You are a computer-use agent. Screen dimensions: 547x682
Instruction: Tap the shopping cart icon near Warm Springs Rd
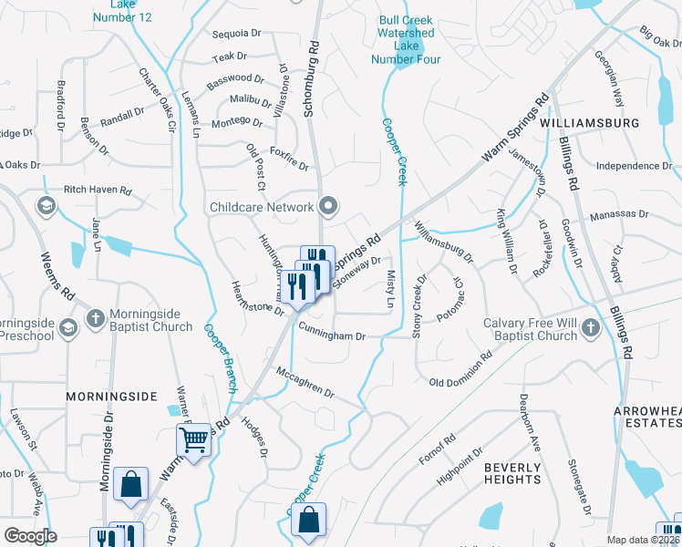coord(194,440)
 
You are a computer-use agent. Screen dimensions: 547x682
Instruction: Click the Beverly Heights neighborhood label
coord(512,473)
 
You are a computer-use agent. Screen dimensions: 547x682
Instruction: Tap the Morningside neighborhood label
coord(111,397)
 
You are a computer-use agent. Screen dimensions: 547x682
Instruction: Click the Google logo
coord(30,536)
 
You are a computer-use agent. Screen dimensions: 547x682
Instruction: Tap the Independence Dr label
coord(634,166)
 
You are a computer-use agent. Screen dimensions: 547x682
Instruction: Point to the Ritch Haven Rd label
coord(98,192)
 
